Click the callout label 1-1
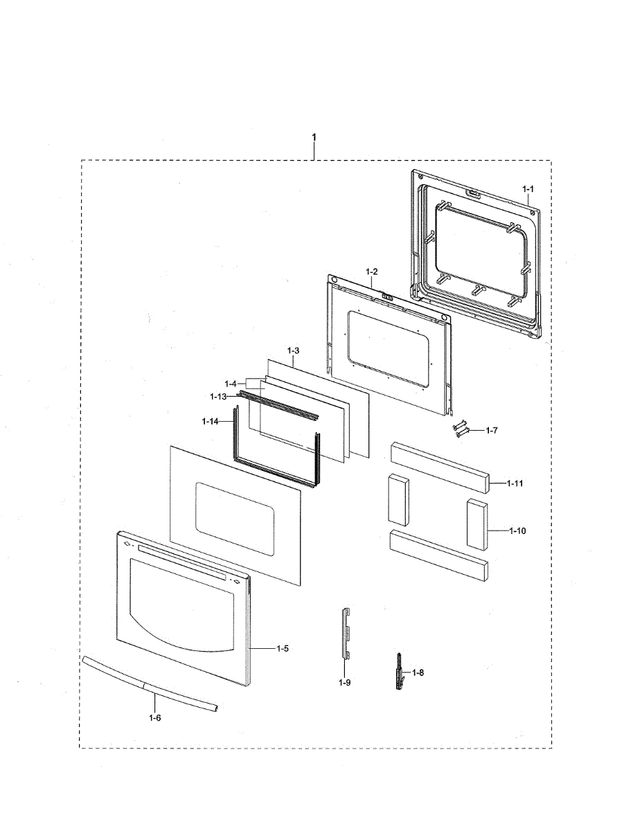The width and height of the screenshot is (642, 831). tap(528, 188)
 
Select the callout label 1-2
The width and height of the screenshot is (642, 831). tap(371, 271)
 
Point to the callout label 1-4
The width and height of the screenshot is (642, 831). tap(230, 384)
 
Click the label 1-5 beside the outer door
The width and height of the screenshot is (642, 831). tap(282, 648)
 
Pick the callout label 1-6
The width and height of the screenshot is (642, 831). tap(154, 718)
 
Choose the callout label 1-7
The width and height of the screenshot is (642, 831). tap(492, 430)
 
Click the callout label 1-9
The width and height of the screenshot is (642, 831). tap(344, 682)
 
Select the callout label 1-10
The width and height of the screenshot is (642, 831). tap(517, 530)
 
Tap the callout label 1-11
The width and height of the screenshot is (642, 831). tap(515, 483)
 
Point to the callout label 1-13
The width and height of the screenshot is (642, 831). tap(219, 396)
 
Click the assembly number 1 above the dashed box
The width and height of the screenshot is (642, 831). tap(314, 137)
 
